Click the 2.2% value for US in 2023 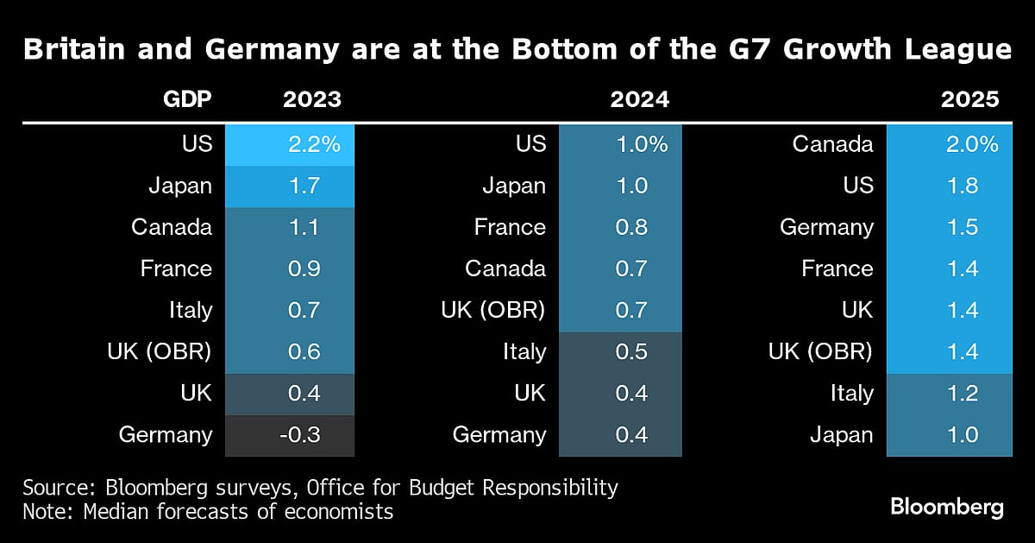[315, 144]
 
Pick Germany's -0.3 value [301, 435]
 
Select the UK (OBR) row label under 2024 [492, 310]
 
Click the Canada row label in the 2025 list [833, 144]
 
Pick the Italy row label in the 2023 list [190, 310]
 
